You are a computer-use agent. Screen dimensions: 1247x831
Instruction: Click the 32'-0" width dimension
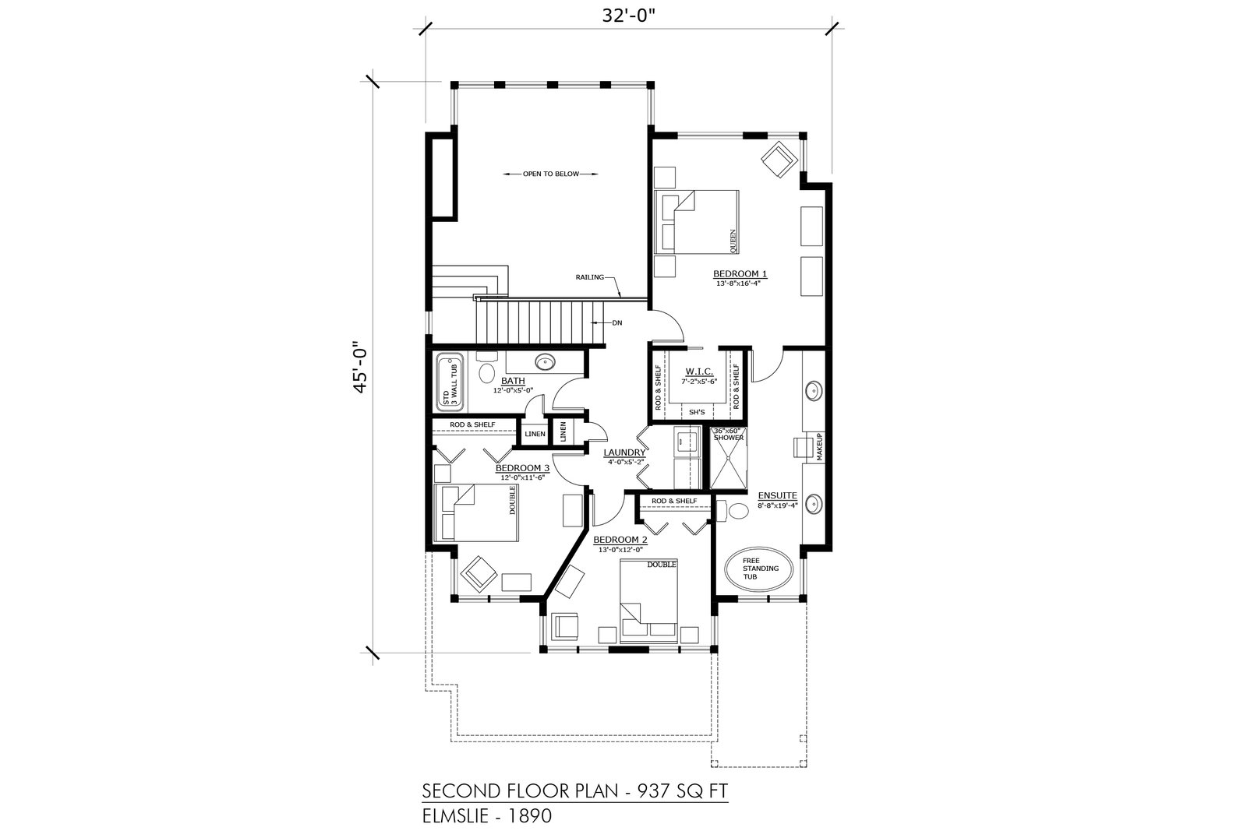pos(628,16)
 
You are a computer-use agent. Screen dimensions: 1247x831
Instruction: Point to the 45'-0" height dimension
pos(361,367)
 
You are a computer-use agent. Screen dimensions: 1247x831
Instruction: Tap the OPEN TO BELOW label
pos(550,174)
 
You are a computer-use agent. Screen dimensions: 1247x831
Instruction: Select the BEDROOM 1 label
pos(740,273)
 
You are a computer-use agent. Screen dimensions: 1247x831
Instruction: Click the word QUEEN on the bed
pos(733,241)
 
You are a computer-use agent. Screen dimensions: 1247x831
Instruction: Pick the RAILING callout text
pos(589,277)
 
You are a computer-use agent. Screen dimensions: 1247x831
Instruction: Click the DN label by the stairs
pos(616,322)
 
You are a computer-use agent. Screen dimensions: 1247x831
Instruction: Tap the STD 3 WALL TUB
pos(450,382)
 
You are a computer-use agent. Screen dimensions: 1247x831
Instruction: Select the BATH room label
pos(513,381)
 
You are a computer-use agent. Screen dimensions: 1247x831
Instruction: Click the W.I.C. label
pos(698,371)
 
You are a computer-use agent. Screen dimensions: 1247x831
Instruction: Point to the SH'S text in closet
pos(697,412)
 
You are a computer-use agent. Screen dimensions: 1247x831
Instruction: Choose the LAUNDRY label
pos(624,452)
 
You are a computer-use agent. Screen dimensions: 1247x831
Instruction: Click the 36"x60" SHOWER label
pos(728,435)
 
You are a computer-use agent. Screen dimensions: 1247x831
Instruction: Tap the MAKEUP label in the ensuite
pos(819,446)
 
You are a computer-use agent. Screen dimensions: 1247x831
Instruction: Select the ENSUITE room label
pos(777,495)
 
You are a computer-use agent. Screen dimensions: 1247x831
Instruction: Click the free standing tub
pos(759,569)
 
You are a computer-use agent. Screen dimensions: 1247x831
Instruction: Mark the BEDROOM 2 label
pos(620,540)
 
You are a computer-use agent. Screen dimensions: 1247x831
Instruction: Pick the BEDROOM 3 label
pos(522,468)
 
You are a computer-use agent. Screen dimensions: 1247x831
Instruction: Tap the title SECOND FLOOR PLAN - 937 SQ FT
pos(575,791)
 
